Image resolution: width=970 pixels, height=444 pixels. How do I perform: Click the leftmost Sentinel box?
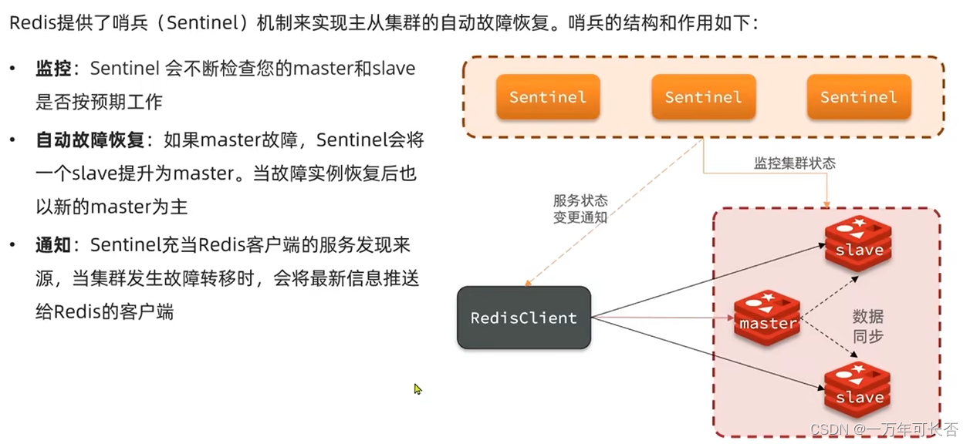tap(548, 97)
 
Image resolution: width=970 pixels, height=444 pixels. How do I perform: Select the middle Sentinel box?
tap(703, 97)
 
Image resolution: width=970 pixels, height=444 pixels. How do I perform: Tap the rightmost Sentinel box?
tap(858, 97)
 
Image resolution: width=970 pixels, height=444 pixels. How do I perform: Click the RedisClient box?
tap(524, 318)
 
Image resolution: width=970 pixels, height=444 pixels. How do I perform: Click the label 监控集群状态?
tap(794, 163)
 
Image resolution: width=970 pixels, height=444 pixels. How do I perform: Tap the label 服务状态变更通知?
tap(580, 208)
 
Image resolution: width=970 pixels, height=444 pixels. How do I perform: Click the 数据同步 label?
tap(868, 326)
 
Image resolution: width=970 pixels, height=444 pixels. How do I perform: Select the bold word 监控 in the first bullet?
tap(53, 69)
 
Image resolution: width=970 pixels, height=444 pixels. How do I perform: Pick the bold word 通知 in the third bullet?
tap(53, 246)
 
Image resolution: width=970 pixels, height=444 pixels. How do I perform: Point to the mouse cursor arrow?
tap(417, 389)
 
